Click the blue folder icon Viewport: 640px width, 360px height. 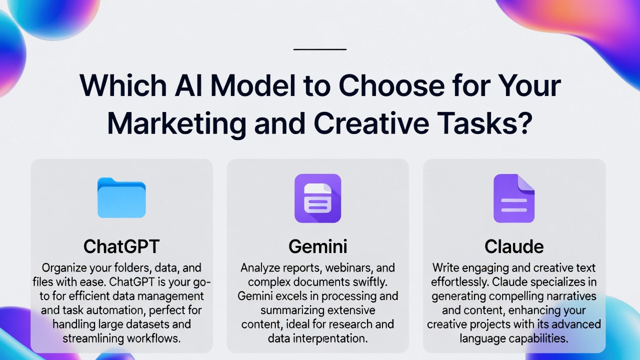tap(121, 198)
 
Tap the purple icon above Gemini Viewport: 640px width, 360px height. tap(317, 198)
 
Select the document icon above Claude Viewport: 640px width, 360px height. tap(513, 198)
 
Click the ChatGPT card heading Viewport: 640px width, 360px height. tap(121, 246)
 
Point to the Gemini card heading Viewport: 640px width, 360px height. tap(317, 246)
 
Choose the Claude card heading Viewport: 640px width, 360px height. tap(513, 246)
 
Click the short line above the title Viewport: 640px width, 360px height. tap(320, 49)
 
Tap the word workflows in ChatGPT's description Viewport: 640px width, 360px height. tap(153, 338)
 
